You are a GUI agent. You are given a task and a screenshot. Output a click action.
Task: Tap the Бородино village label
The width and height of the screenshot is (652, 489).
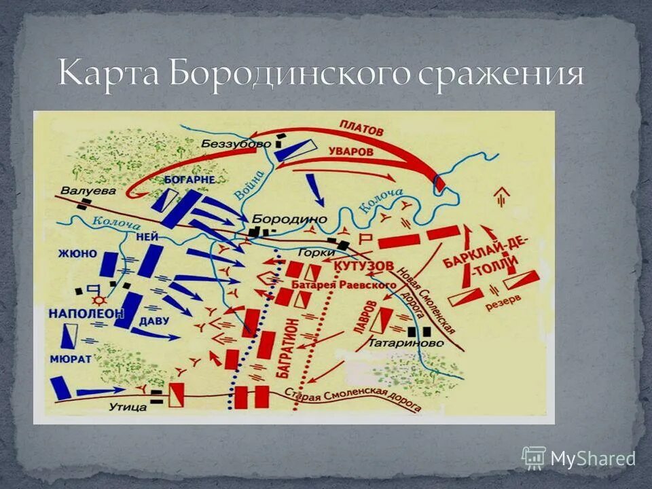[x=289, y=219]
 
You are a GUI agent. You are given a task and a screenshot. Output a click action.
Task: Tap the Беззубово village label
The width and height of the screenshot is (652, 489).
[x=235, y=144]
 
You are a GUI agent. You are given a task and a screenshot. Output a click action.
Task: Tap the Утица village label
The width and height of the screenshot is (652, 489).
[x=127, y=407]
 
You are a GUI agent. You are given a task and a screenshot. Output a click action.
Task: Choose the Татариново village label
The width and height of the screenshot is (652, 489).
[x=405, y=344]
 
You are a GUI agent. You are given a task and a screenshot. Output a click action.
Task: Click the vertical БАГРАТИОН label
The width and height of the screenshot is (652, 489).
[x=285, y=351]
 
